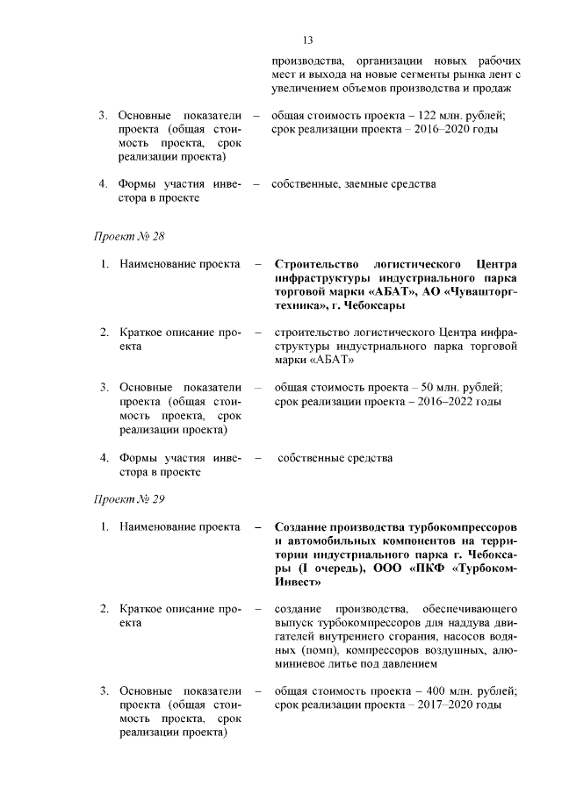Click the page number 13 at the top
[x=307, y=40]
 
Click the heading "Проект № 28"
[x=129, y=237]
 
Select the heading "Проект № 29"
[x=129, y=499]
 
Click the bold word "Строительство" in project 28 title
[x=313, y=264]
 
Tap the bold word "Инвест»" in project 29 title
[x=299, y=581]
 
